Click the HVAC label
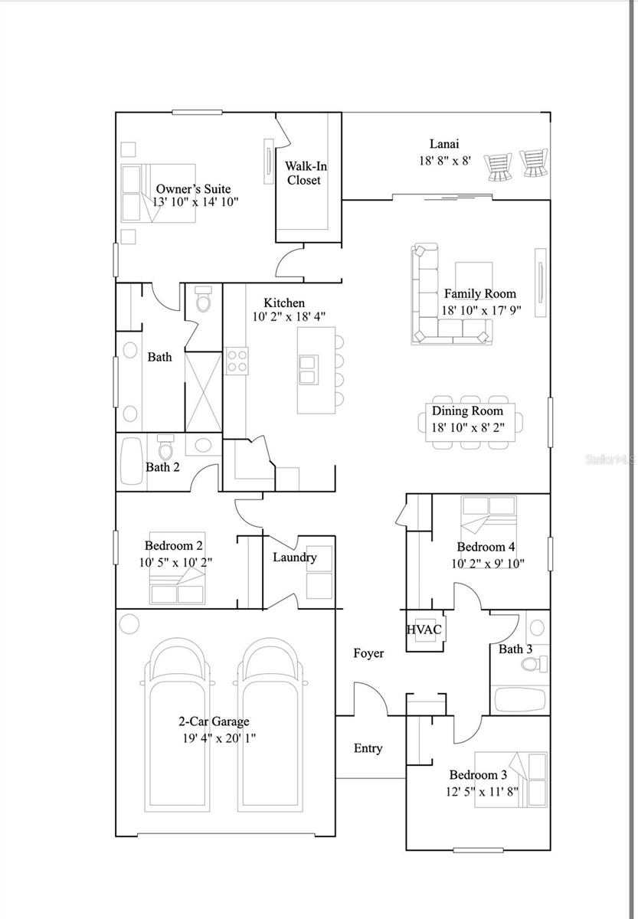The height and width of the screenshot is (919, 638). (424, 630)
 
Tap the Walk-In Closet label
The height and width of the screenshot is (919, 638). (303, 173)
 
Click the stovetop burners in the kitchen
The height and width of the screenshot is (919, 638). (237, 360)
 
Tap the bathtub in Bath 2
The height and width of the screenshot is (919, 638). (132, 462)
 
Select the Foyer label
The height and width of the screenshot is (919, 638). (368, 653)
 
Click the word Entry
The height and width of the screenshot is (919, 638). (368, 748)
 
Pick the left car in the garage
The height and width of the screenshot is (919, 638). (178, 728)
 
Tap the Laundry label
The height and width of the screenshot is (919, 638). (294, 557)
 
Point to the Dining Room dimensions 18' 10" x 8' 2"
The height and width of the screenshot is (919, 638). (467, 427)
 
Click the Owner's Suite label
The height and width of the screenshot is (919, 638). (193, 188)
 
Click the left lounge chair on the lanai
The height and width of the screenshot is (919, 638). (499, 166)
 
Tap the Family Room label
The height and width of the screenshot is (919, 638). (479, 293)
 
